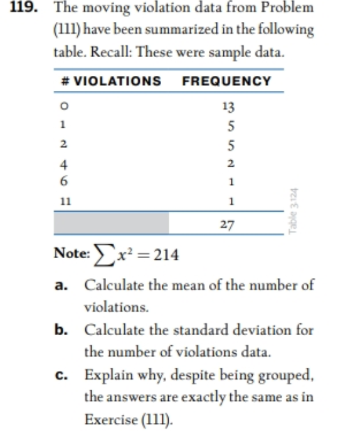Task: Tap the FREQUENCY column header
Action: (x=226, y=81)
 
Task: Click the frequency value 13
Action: (x=229, y=106)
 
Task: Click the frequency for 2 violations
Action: (x=231, y=145)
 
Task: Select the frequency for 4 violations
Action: (x=231, y=164)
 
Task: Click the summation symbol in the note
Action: (x=101, y=255)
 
